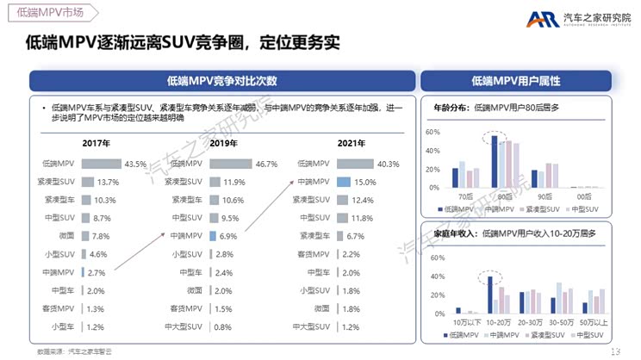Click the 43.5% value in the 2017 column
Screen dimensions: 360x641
[x=135, y=163]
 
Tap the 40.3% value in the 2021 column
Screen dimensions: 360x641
[x=389, y=163]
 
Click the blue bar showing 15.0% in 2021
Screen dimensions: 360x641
[x=343, y=182]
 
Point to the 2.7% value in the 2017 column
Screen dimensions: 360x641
[x=96, y=272]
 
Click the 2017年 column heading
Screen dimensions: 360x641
[x=95, y=143]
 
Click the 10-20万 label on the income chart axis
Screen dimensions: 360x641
[x=495, y=322]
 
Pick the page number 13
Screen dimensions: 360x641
[x=615, y=351]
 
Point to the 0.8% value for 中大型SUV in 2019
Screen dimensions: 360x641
[x=223, y=326]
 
